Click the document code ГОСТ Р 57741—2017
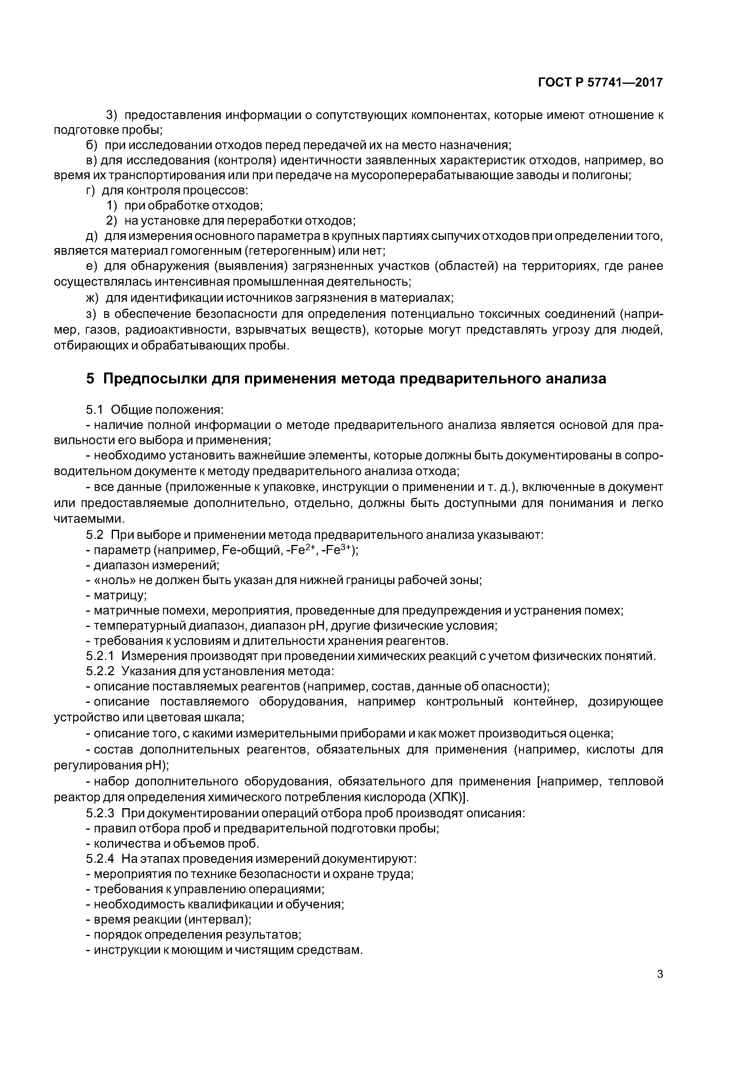point(600,83)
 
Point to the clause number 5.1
point(94,410)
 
